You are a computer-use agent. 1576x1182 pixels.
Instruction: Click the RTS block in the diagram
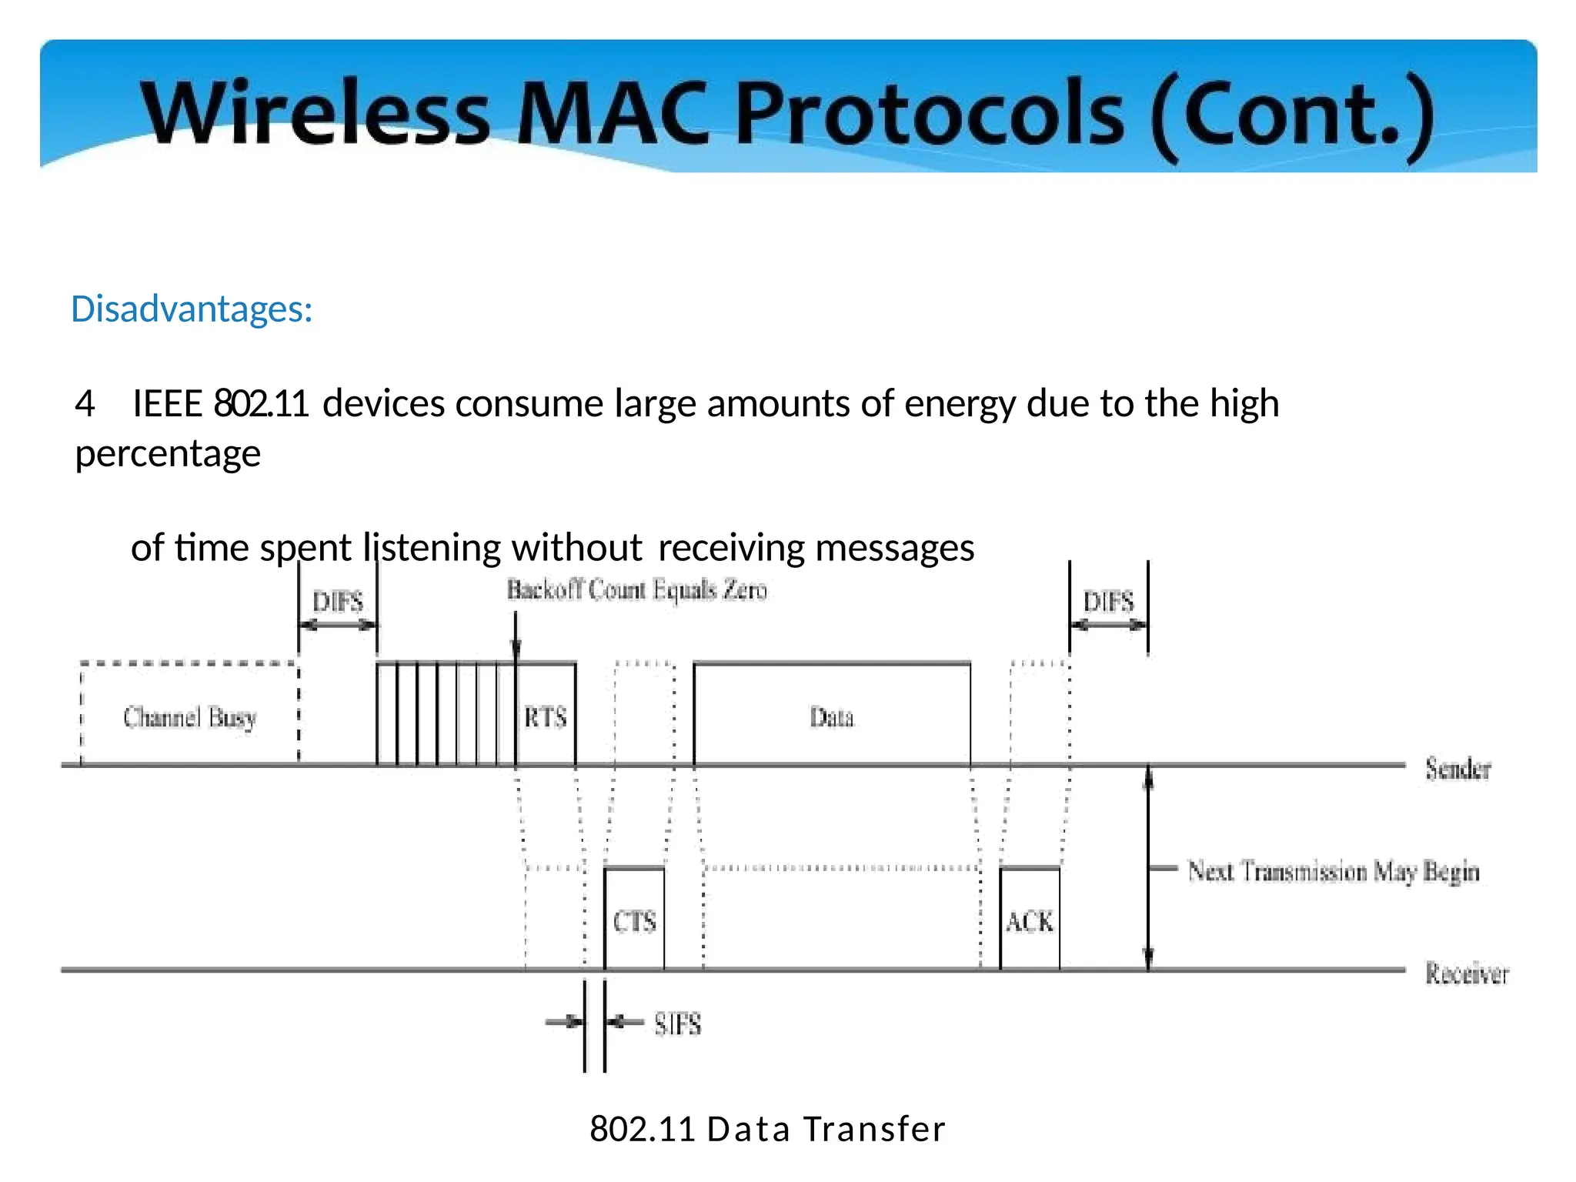(546, 716)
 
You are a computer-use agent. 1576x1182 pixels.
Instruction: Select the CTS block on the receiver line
(634, 920)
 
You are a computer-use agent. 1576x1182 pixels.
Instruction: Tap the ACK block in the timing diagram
(1030, 920)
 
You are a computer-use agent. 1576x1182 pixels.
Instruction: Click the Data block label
(832, 716)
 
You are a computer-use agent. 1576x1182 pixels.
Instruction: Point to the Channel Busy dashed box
(189, 716)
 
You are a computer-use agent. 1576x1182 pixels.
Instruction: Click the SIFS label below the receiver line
(678, 1024)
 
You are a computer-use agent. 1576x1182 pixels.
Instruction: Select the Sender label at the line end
(1457, 768)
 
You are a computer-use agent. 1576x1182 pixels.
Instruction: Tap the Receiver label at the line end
(1467, 973)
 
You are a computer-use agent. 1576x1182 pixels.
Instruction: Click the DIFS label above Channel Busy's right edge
(338, 601)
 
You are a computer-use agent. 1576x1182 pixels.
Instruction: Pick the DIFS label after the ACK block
(1108, 601)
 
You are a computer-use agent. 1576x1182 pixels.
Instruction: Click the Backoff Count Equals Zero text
(636, 590)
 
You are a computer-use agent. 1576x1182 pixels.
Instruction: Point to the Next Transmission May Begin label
(1333, 871)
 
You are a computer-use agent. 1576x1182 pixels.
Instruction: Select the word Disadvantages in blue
(192, 309)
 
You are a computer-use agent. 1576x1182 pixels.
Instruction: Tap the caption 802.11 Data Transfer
(767, 1129)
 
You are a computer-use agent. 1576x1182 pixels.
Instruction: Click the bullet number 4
(85, 404)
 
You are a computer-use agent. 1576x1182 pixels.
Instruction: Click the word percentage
(168, 453)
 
